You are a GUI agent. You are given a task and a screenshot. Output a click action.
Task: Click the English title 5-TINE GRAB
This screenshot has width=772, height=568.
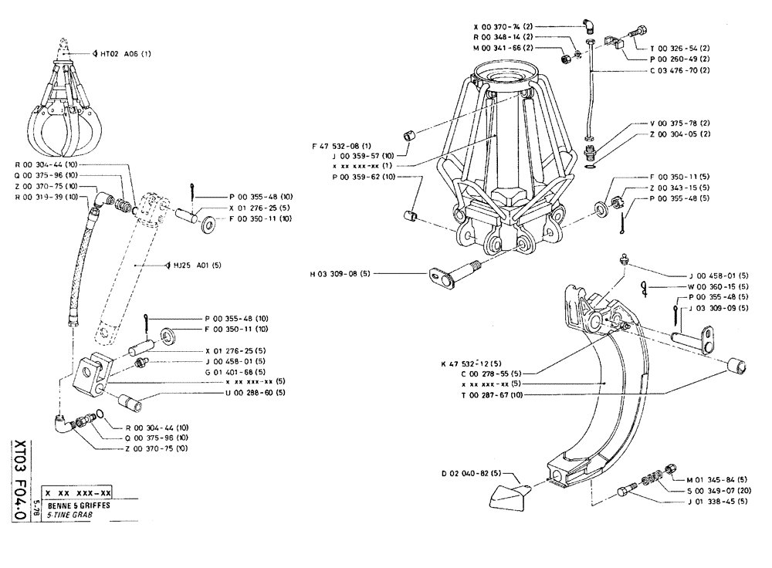click(x=72, y=513)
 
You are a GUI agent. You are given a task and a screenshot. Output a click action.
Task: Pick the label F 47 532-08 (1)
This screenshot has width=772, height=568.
click(x=342, y=144)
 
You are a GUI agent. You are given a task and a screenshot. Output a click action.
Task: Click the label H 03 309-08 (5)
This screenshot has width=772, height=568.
click(x=340, y=273)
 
